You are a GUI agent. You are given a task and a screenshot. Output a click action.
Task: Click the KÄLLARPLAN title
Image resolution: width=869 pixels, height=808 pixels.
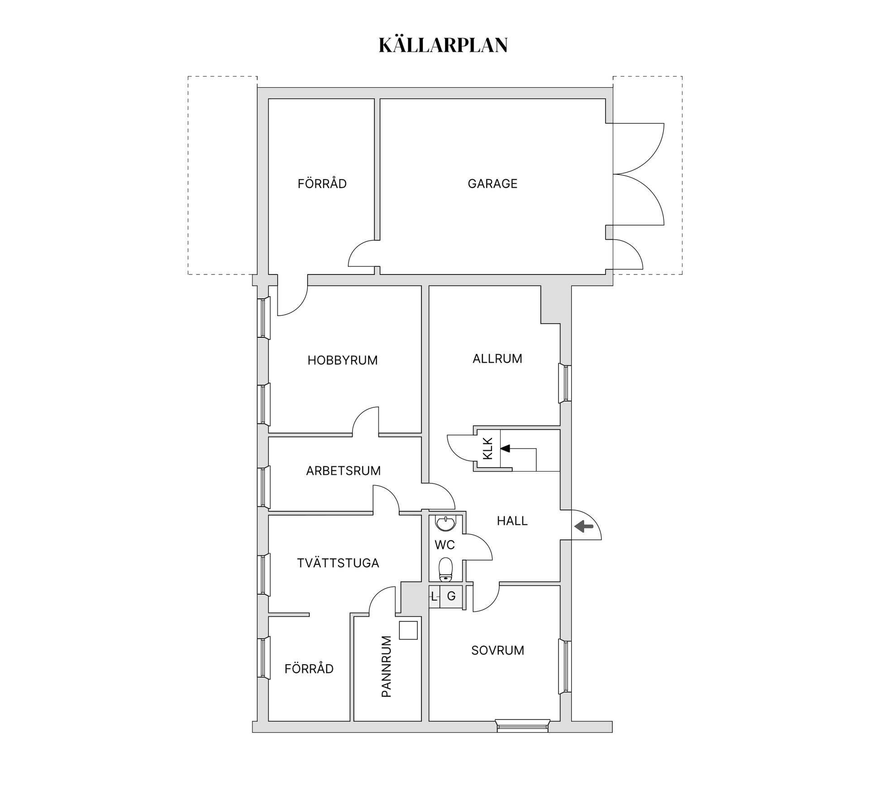pyautogui.click(x=443, y=45)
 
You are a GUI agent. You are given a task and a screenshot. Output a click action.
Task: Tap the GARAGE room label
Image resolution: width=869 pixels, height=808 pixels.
pyautogui.click(x=492, y=184)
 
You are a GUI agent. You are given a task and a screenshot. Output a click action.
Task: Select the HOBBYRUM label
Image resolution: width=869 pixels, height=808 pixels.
pyautogui.click(x=342, y=360)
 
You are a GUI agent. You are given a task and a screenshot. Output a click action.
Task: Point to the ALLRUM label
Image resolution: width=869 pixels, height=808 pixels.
pyautogui.click(x=497, y=359)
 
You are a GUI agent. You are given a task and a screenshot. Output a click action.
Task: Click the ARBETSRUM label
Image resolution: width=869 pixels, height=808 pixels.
pyautogui.click(x=343, y=471)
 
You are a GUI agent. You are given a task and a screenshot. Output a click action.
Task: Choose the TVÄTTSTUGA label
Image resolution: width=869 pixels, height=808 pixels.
pyautogui.click(x=338, y=563)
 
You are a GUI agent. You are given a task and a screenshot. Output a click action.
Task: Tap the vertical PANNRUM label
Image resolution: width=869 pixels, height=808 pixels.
pyautogui.click(x=386, y=666)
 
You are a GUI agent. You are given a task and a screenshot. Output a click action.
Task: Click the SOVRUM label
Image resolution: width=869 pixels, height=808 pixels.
pyautogui.click(x=497, y=650)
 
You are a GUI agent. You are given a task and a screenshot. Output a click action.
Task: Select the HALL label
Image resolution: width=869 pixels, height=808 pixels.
pyautogui.click(x=512, y=521)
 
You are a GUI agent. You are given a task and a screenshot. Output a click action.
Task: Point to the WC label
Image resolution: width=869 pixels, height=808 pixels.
pyautogui.click(x=444, y=545)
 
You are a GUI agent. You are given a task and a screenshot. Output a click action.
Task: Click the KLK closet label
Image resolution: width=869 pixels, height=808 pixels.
pyautogui.click(x=487, y=449)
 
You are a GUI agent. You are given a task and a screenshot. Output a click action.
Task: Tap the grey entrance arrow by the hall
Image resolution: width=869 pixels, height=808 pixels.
pyautogui.click(x=584, y=526)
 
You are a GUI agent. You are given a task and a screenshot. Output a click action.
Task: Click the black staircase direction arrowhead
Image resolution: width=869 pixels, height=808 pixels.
pyautogui.click(x=505, y=449)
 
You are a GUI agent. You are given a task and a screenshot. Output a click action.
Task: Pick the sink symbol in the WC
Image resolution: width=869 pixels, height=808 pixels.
pyautogui.click(x=446, y=523)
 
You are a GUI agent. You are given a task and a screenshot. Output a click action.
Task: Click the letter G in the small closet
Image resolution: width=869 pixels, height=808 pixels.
pyautogui.click(x=451, y=596)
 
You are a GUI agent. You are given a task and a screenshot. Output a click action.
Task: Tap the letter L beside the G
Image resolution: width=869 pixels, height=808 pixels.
pyautogui.click(x=434, y=596)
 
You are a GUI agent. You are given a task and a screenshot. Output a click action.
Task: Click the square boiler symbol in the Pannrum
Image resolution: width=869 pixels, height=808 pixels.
pyautogui.click(x=408, y=630)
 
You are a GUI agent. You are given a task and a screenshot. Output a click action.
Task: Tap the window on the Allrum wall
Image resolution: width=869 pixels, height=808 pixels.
pyautogui.click(x=565, y=383)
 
